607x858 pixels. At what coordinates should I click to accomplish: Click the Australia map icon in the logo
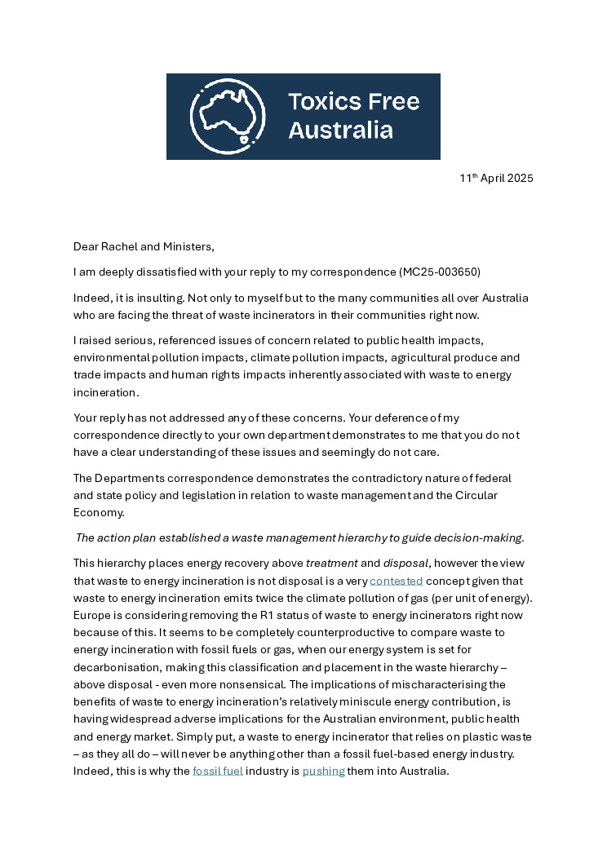tap(228, 117)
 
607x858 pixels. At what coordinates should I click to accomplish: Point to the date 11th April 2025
tap(496, 178)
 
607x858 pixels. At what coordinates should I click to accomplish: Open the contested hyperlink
tap(397, 581)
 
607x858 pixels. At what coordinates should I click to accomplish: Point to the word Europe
tap(92, 615)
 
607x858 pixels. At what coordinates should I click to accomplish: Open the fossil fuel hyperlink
tap(218, 770)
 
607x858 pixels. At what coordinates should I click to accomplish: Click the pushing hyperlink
tap(323, 770)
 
